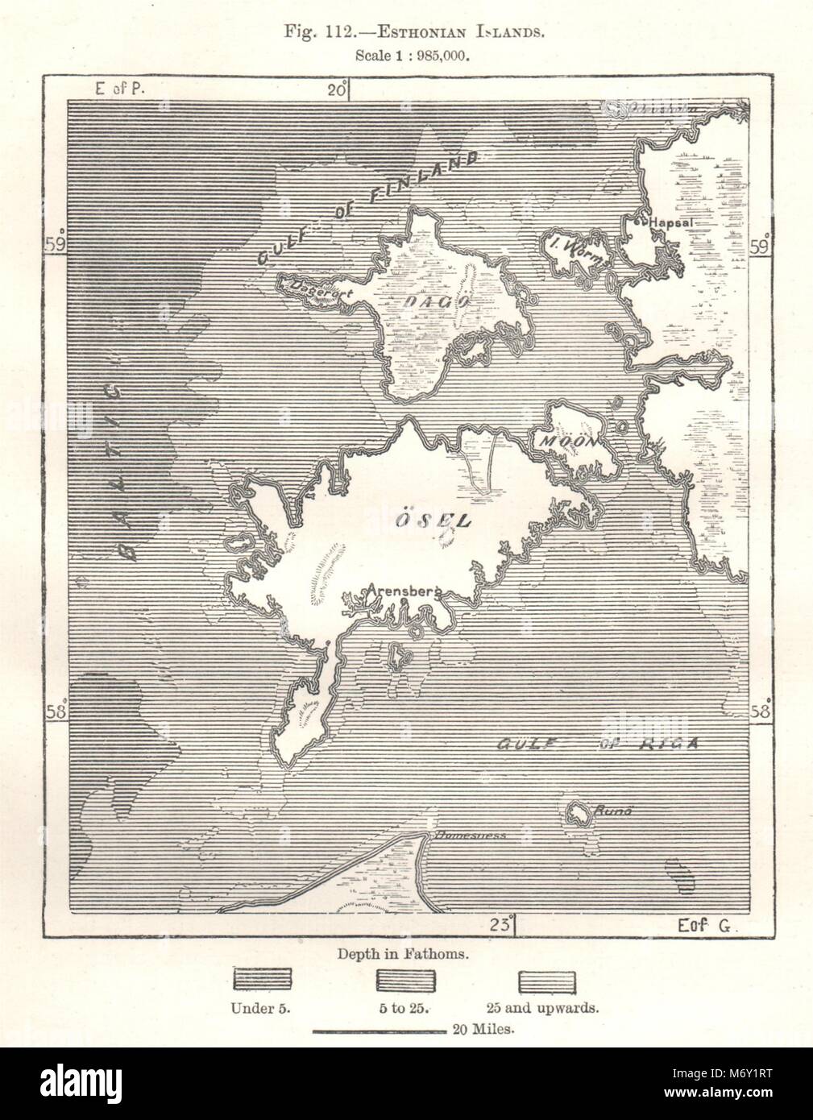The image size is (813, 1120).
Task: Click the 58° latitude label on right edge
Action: click(761, 711)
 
